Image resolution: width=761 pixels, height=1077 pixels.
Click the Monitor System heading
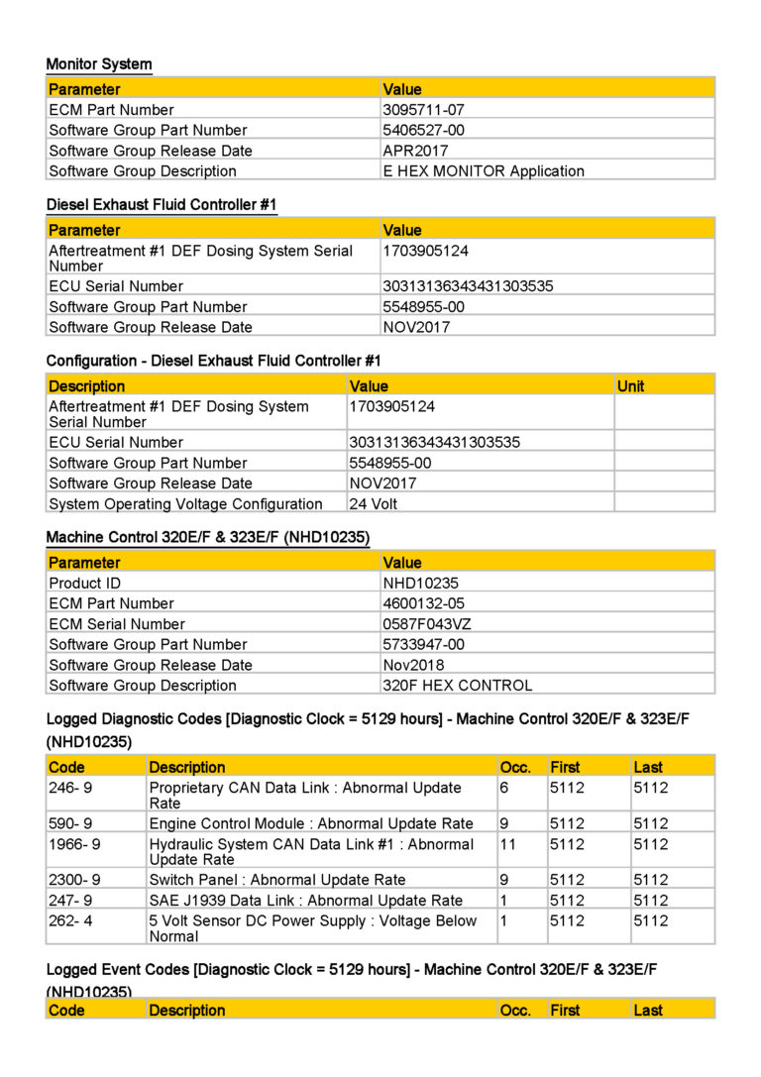99,64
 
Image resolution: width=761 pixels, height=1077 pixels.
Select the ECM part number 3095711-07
423,110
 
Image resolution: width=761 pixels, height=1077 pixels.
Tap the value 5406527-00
423,130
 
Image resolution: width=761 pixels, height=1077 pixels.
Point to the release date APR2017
415,151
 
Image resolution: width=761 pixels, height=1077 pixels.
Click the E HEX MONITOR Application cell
484,170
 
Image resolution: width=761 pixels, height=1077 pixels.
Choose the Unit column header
630,385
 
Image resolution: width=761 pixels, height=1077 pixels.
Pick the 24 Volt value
374,503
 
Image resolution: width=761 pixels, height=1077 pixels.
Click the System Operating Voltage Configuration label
185,503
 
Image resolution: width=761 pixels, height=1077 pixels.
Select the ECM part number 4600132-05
423,603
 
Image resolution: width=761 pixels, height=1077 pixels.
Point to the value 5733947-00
423,644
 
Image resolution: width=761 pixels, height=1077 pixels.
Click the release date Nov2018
413,665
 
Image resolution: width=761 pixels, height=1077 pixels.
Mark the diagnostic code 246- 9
70,788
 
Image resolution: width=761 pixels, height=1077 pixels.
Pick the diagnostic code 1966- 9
74,844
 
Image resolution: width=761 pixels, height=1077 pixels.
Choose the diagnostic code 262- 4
70,920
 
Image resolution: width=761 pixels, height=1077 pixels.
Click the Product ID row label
84,584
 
